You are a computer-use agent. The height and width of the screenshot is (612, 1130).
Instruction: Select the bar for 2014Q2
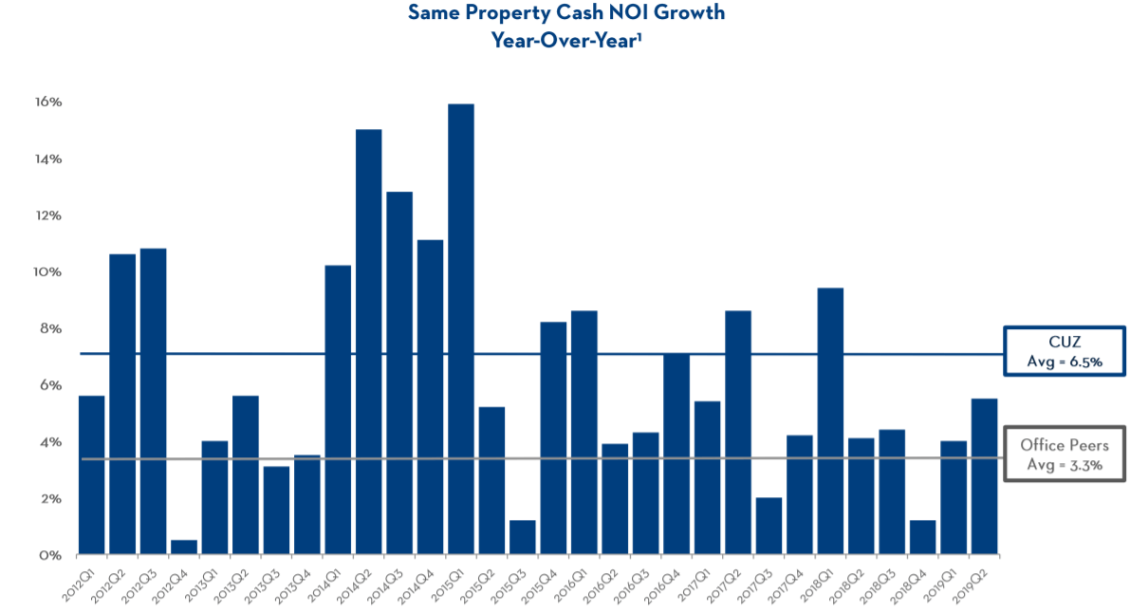click(368, 342)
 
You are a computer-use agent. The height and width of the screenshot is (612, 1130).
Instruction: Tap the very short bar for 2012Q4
click(184, 547)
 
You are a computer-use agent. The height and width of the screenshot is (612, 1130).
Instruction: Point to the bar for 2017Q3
click(769, 526)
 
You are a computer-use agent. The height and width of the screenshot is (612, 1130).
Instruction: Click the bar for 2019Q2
click(984, 475)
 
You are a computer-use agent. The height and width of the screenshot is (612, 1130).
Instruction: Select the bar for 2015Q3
click(523, 537)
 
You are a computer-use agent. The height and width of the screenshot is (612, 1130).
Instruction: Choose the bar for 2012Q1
click(91, 474)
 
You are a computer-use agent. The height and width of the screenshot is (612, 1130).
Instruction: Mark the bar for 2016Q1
click(584, 432)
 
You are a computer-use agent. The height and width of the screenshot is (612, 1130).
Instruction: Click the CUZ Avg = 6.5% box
click(1063, 353)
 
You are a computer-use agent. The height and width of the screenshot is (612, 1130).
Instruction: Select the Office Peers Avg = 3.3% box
click(1063, 454)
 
